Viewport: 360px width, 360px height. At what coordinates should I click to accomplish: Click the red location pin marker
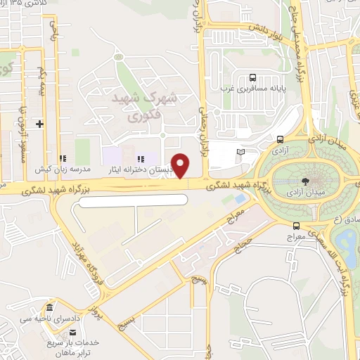181,166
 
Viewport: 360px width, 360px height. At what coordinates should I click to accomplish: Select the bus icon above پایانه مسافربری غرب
252,78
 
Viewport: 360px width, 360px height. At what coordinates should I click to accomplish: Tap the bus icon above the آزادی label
281,139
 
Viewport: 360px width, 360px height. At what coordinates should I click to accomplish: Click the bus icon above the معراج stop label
296,226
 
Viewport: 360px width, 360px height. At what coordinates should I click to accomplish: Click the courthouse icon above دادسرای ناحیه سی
49,309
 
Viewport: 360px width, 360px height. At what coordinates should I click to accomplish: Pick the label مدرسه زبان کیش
64,169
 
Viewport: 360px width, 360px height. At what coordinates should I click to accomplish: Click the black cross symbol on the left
40,124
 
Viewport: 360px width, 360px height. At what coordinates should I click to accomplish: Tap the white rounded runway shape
134,200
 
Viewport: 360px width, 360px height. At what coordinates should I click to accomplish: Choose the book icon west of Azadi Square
240,152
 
